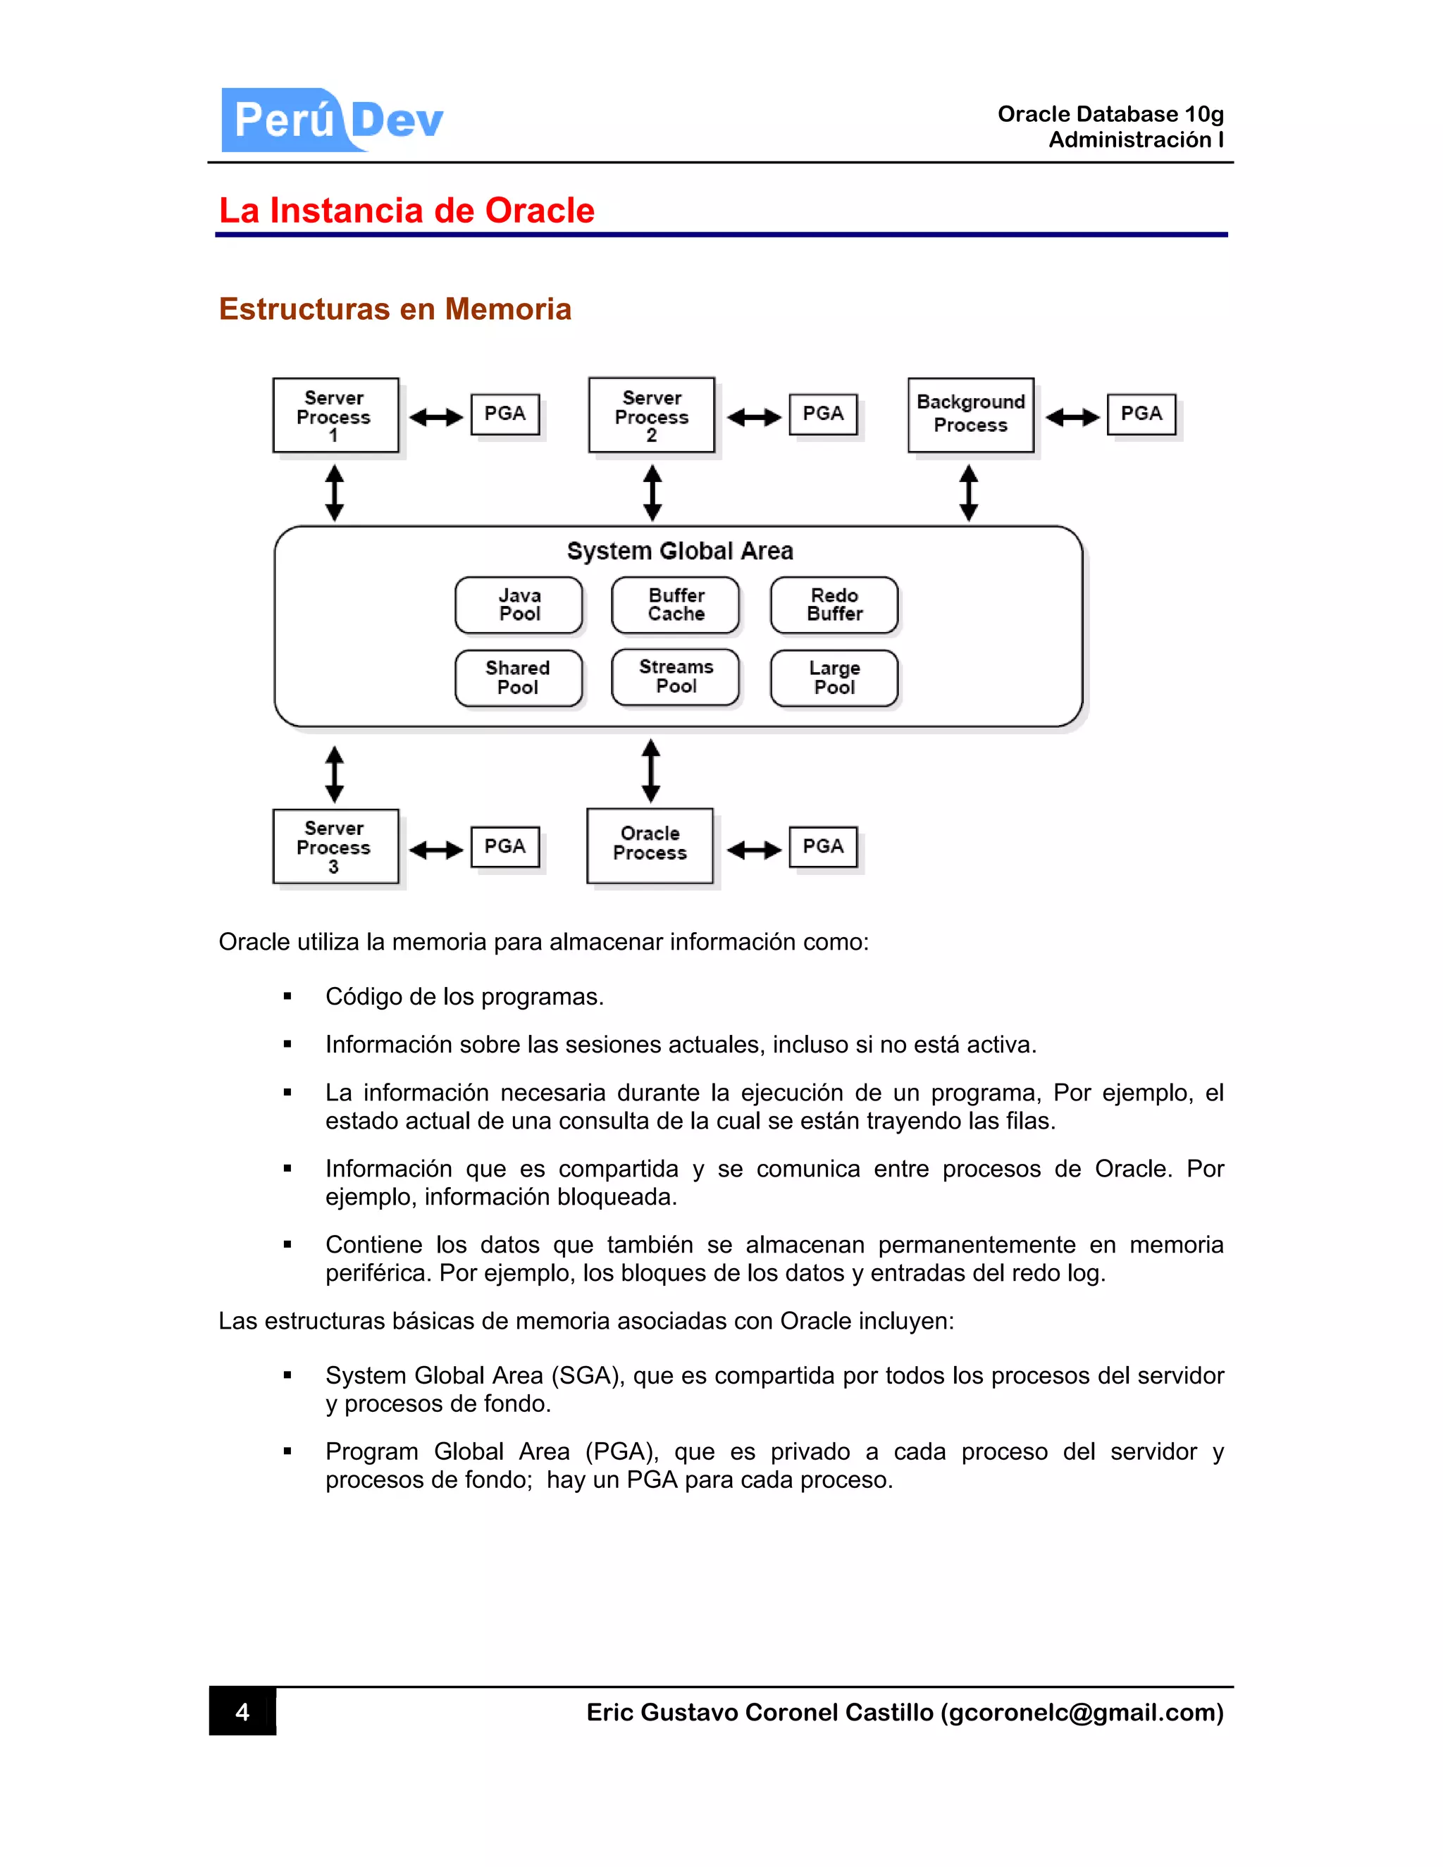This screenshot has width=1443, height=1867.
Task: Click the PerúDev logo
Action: [x=333, y=120]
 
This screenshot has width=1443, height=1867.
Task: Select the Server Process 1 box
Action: [x=335, y=416]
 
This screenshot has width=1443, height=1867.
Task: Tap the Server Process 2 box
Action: [x=652, y=416]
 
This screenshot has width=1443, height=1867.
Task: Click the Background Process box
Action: [x=970, y=414]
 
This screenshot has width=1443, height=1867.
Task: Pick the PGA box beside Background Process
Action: [x=1141, y=414]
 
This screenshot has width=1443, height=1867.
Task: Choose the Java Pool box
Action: [x=519, y=604]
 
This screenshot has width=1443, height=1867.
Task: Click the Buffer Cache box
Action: [x=675, y=604]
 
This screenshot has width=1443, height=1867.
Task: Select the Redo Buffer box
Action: [x=834, y=604]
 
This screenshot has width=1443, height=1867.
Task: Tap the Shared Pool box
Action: [x=519, y=678]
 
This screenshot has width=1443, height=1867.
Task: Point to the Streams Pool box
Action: [x=675, y=676]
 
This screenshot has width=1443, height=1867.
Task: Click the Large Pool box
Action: [x=834, y=678]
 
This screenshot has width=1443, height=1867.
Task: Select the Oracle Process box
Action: [x=650, y=845]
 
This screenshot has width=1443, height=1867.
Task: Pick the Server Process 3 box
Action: [x=335, y=846]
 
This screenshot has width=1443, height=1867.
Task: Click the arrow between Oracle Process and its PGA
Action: [x=754, y=850]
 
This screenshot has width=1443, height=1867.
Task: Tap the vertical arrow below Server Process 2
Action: [x=652, y=492]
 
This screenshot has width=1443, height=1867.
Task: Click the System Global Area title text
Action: [x=680, y=550]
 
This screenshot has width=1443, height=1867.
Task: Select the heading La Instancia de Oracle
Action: [x=407, y=210]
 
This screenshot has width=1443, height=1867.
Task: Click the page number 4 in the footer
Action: [x=243, y=1711]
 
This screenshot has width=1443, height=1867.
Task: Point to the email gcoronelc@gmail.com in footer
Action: [x=1082, y=1712]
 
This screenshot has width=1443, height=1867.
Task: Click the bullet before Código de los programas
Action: [x=287, y=997]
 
